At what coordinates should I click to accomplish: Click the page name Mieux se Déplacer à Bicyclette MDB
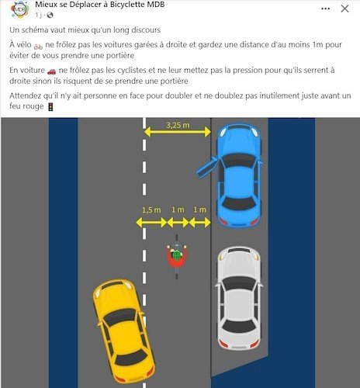pyautogui.click(x=102, y=5)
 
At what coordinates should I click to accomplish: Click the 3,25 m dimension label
pyautogui.click(x=178, y=123)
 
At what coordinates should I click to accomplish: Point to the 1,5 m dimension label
pyautogui.click(x=151, y=210)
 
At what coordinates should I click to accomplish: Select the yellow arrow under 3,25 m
pyautogui.click(x=178, y=133)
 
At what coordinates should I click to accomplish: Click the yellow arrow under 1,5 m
pyautogui.click(x=151, y=222)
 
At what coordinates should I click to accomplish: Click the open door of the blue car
pyautogui.click(x=206, y=165)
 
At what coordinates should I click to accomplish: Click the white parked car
pyautogui.click(x=239, y=297)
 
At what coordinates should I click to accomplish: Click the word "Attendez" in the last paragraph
pyautogui.click(x=26, y=95)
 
